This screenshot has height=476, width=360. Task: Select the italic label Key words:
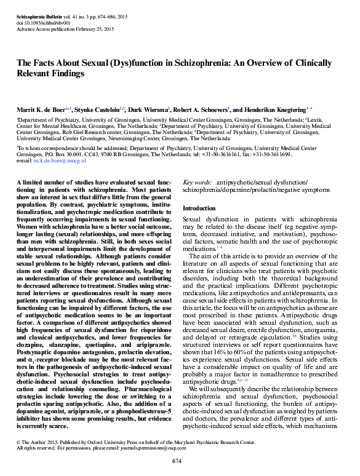[x=198, y=183]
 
